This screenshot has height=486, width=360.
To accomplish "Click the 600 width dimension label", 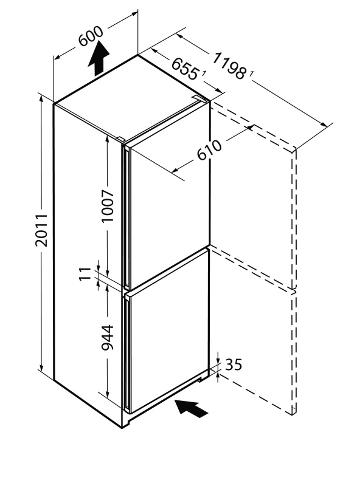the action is tap(91, 36).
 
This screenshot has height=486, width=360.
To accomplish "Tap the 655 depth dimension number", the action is tap(185, 69).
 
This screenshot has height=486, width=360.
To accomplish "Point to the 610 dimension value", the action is tap(210, 150).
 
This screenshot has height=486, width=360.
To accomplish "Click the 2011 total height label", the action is tap(41, 230).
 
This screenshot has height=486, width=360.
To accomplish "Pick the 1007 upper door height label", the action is tap(108, 206).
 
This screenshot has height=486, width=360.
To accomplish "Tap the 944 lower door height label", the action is tap(108, 338).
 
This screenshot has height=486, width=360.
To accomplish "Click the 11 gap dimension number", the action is tap(85, 274).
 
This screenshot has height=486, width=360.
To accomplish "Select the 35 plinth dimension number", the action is tap(234, 365).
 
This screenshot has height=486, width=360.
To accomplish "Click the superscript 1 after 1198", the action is tap(251, 74).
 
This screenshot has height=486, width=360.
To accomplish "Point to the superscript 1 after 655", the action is tap(204, 74).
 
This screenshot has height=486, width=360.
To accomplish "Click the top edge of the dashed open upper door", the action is tap(253, 126).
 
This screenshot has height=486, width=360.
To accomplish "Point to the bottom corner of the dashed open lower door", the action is tap(293, 414).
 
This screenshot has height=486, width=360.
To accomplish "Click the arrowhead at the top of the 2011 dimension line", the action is tap(41, 98).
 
